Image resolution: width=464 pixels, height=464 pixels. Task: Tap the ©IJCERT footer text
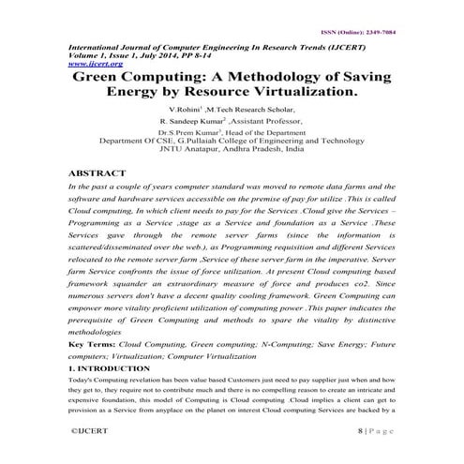93,427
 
